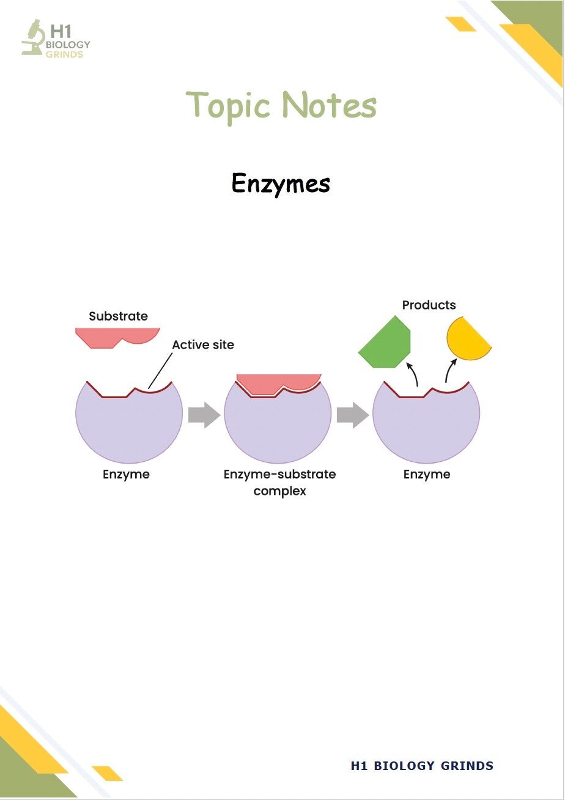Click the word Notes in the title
point(330,104)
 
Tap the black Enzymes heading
point(281,183)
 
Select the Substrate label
point(118,316)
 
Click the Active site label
point(203,344)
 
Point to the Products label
point(429,305)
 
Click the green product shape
point(385,342)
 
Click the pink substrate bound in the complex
point(279,383)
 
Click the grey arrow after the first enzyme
point(204,415)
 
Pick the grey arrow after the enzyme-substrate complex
point(353,415)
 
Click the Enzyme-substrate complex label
point(279,482)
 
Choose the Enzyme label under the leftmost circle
point(126,475)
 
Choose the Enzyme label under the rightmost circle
point(427,475)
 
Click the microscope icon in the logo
point(33,38)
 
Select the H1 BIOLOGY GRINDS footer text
point(422,765)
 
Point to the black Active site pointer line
point(160,371)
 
